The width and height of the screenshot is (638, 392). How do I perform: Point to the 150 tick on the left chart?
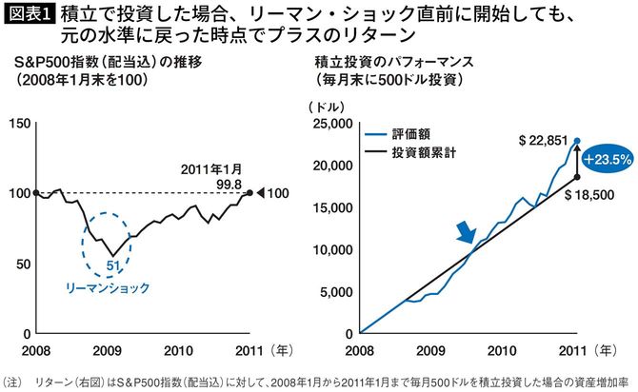click(20, 123)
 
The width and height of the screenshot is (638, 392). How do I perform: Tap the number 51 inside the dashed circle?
click(111, 265)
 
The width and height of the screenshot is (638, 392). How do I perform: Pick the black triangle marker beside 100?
click(262, 193)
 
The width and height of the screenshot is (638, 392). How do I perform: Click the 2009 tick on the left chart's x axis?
click(105, 349)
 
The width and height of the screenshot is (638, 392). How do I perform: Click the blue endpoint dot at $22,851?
click(577, 141)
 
